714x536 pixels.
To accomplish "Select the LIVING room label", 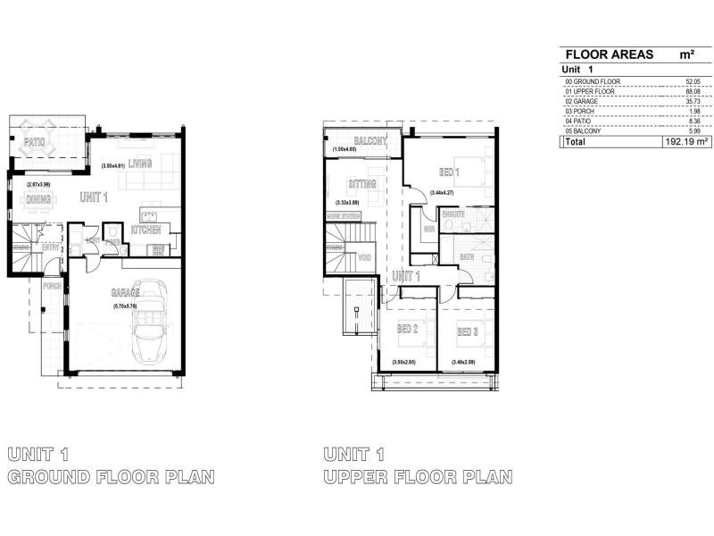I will click(140, 163).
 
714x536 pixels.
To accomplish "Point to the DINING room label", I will click(37, 199).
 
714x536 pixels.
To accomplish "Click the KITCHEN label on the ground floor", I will click(145, 230).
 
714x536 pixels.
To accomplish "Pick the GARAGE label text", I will click(124, 293).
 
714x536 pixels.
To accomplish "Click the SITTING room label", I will click(362, 184).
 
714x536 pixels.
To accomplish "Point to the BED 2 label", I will click(408, 331).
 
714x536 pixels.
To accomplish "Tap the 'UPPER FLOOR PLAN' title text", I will click(418, 477).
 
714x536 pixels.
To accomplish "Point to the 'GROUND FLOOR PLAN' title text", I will click(111, 477).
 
